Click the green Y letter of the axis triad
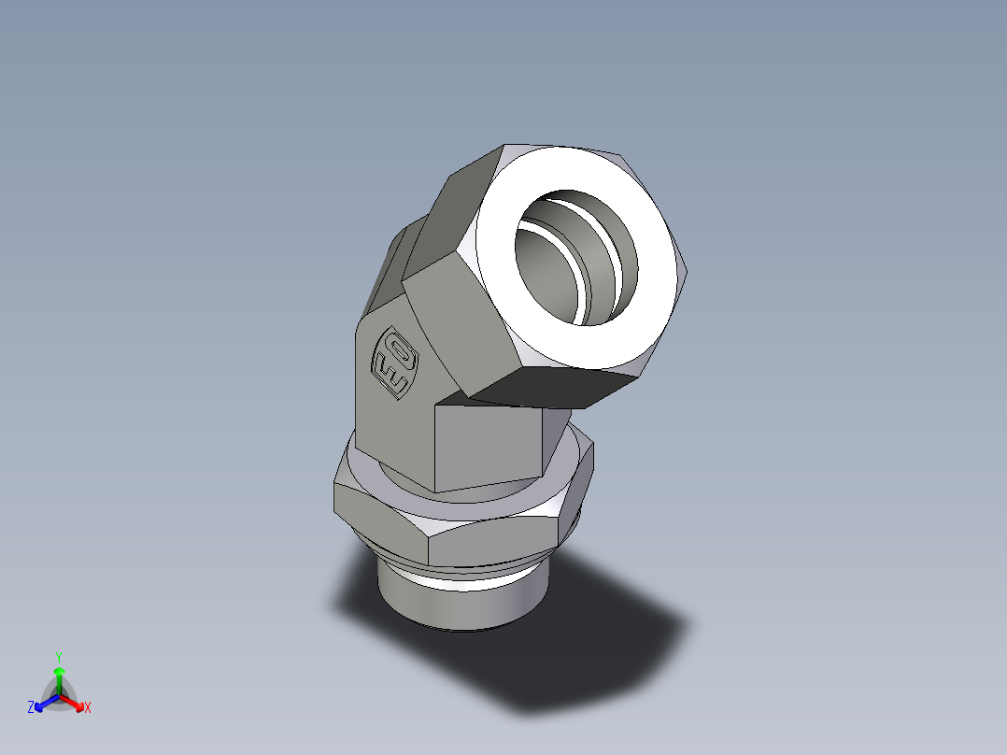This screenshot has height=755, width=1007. tap(58, 657)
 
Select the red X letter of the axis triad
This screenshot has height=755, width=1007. tap(88, 708)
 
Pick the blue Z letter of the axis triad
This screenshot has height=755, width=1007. tap(31, 708)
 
